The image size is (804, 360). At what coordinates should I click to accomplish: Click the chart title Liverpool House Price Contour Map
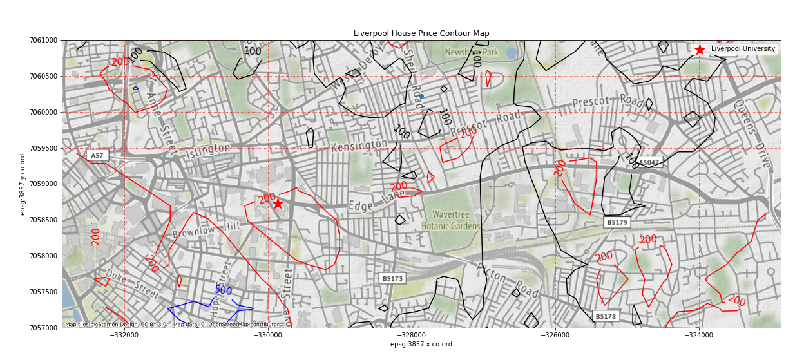421,33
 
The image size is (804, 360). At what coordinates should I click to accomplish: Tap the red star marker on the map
278,203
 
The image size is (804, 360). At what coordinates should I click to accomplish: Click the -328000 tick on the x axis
412,335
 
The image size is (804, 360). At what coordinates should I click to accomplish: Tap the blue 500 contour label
223,290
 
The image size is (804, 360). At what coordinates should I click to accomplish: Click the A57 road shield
97,156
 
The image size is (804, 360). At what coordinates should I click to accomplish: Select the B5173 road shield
392,279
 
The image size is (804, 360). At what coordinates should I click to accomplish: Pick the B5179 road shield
617,223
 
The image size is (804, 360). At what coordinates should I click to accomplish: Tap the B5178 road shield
606,316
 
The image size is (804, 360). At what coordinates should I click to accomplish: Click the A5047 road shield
648,162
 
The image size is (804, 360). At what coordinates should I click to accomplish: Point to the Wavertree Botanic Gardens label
451,220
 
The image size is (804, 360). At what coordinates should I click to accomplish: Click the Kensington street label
359,146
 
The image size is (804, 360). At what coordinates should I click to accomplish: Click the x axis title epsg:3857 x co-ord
421,345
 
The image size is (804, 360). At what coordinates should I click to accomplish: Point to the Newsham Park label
472,52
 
